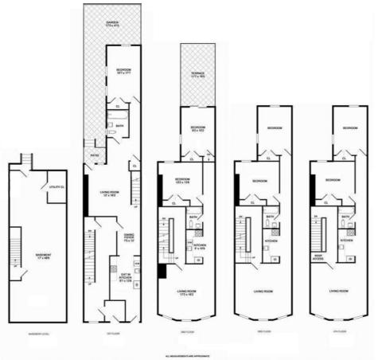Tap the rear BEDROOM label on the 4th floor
tap(349, 128)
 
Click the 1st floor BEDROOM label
tap(122, 71)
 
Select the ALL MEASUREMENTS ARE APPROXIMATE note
tap(189, 355)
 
